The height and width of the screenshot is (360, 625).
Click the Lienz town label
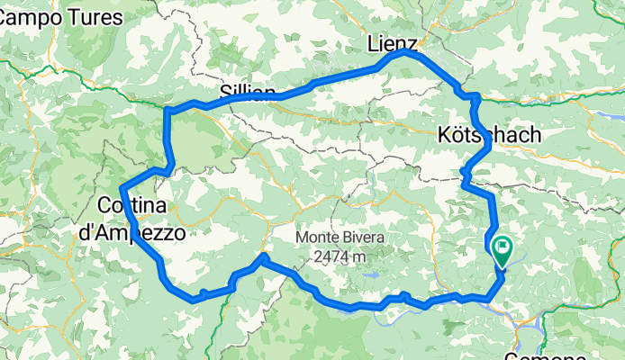point(393,44)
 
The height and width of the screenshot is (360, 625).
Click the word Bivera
point(364,238)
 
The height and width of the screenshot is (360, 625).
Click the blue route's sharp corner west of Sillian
point(168,110)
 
